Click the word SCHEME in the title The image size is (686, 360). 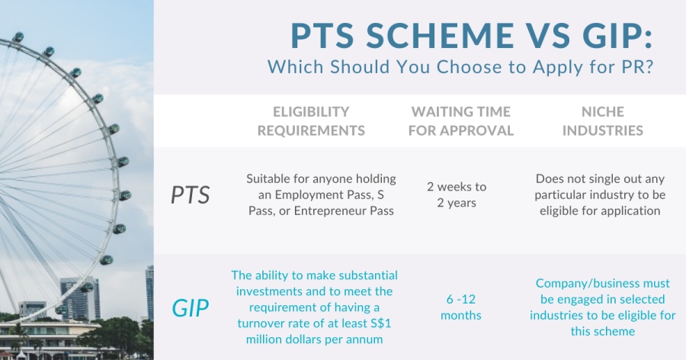click(440, 36)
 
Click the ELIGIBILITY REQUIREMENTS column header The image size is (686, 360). click(311, 121)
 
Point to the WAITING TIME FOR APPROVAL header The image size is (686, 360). click(460, 121)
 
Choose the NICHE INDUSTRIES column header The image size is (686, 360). click(602, 121)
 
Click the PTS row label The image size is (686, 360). click(191, 195)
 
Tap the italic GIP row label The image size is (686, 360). click(191, 308)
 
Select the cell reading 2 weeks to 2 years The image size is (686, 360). click(457, 194)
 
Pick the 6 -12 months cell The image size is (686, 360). click(460, 307)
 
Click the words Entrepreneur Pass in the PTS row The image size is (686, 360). click(344, 211)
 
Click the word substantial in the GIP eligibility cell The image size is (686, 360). click(368, 275)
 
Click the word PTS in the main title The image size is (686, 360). click(322, 36)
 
